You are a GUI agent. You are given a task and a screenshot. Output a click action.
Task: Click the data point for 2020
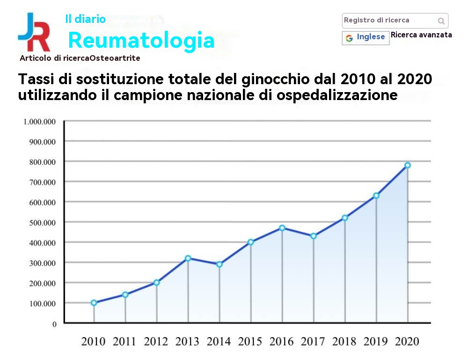tap(408, 165)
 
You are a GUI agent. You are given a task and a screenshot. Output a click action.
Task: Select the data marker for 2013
tap(188, 258)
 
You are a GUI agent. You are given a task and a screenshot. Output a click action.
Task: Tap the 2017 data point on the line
tap(314, 236)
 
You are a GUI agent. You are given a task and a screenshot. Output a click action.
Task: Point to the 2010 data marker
tap(94, 302)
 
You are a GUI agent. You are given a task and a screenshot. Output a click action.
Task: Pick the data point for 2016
tap(282, 228)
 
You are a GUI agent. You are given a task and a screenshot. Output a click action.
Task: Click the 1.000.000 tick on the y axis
tap(40, 122)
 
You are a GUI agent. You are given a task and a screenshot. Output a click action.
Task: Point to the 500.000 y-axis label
tap(40, 222)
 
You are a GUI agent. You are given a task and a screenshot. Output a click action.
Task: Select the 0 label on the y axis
tap(54, 324)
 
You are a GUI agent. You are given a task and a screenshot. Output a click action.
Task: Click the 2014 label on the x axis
tap(219, 341)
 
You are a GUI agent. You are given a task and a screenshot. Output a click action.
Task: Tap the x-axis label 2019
tap(376, 341)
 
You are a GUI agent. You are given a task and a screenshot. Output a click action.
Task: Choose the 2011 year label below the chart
tap(125, 341)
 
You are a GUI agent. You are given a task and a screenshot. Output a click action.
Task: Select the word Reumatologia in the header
tap(141, 41)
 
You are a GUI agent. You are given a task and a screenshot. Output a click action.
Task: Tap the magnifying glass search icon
tap(441, 21)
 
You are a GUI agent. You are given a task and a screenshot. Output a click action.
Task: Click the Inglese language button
tap(366, 37)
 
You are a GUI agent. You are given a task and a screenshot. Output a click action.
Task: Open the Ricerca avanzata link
tap(421, 35)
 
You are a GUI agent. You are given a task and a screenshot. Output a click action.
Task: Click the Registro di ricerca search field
tap(388, 21)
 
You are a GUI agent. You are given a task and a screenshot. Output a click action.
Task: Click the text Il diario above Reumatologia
tap(86, 19)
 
